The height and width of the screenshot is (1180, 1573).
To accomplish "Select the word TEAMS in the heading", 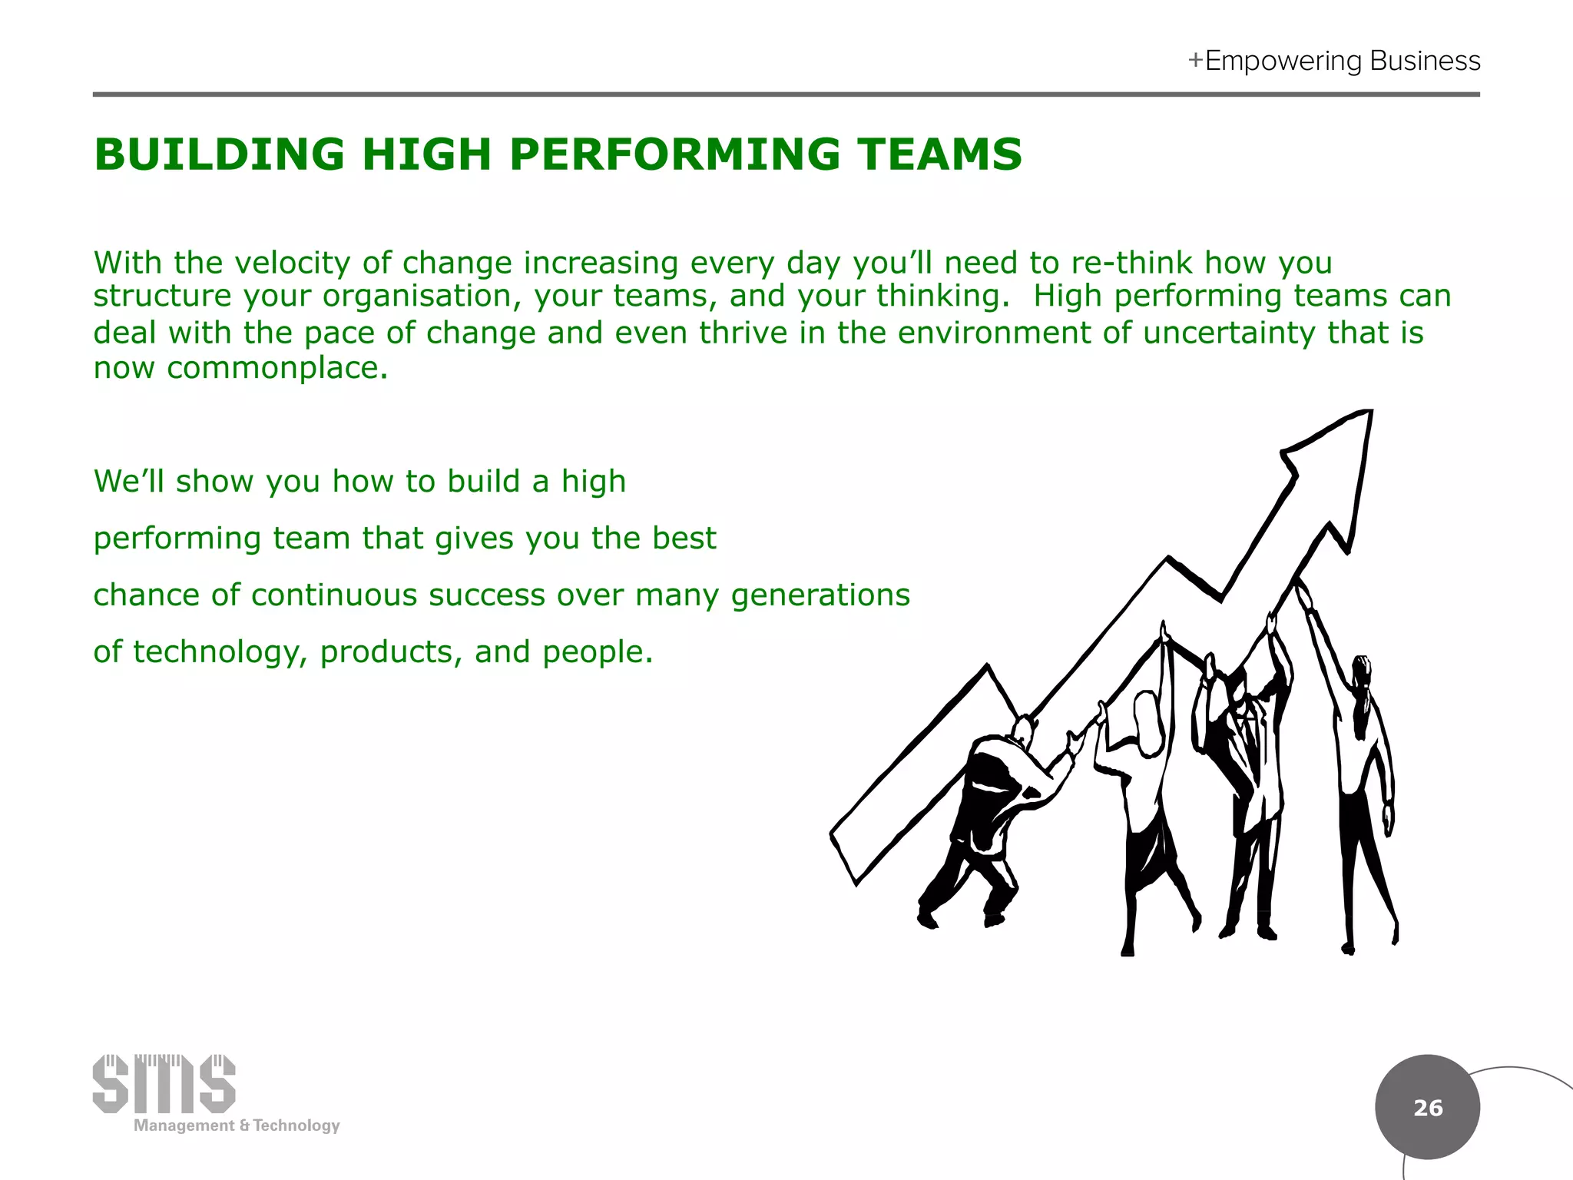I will [939, 154].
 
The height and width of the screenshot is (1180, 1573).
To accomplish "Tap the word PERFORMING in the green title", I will [674, 154].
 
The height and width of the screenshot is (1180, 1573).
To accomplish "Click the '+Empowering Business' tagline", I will [1334, 61].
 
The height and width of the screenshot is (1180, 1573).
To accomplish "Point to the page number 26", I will [1428, 1108].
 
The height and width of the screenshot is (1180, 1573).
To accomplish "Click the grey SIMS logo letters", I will [164, 1084].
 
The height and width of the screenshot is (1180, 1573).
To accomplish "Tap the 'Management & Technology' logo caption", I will [237, 1125].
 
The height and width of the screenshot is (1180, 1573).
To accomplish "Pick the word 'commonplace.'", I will [277, 368].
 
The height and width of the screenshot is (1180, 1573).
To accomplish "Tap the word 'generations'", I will [820, 595].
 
